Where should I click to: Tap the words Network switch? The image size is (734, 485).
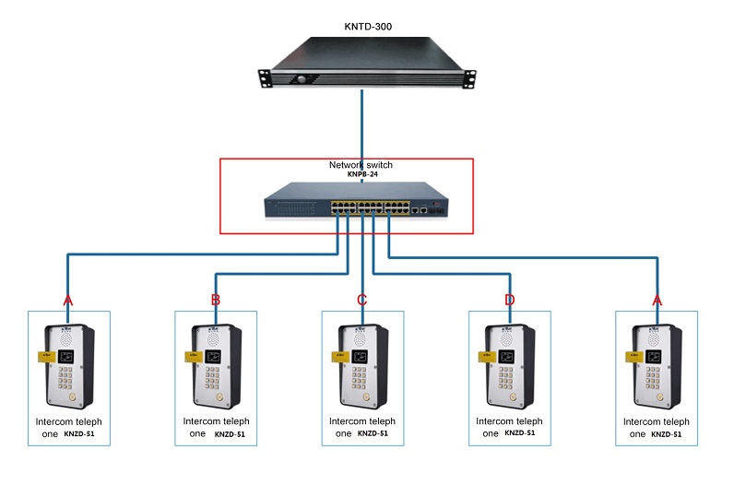point(361,165)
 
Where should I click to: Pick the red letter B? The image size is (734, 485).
point(215,300)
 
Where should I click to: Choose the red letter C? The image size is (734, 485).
point(361,300)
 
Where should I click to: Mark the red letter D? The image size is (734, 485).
point(509,300)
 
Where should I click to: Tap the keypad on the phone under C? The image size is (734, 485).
point(356,377)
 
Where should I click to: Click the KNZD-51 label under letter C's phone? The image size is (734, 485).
point(372,433)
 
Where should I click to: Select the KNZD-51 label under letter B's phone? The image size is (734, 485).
point(230,433)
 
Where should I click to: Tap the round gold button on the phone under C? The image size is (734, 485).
point(366,397)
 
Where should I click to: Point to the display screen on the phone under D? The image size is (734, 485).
point(503,355)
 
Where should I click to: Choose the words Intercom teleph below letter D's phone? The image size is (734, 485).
point(509,421)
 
